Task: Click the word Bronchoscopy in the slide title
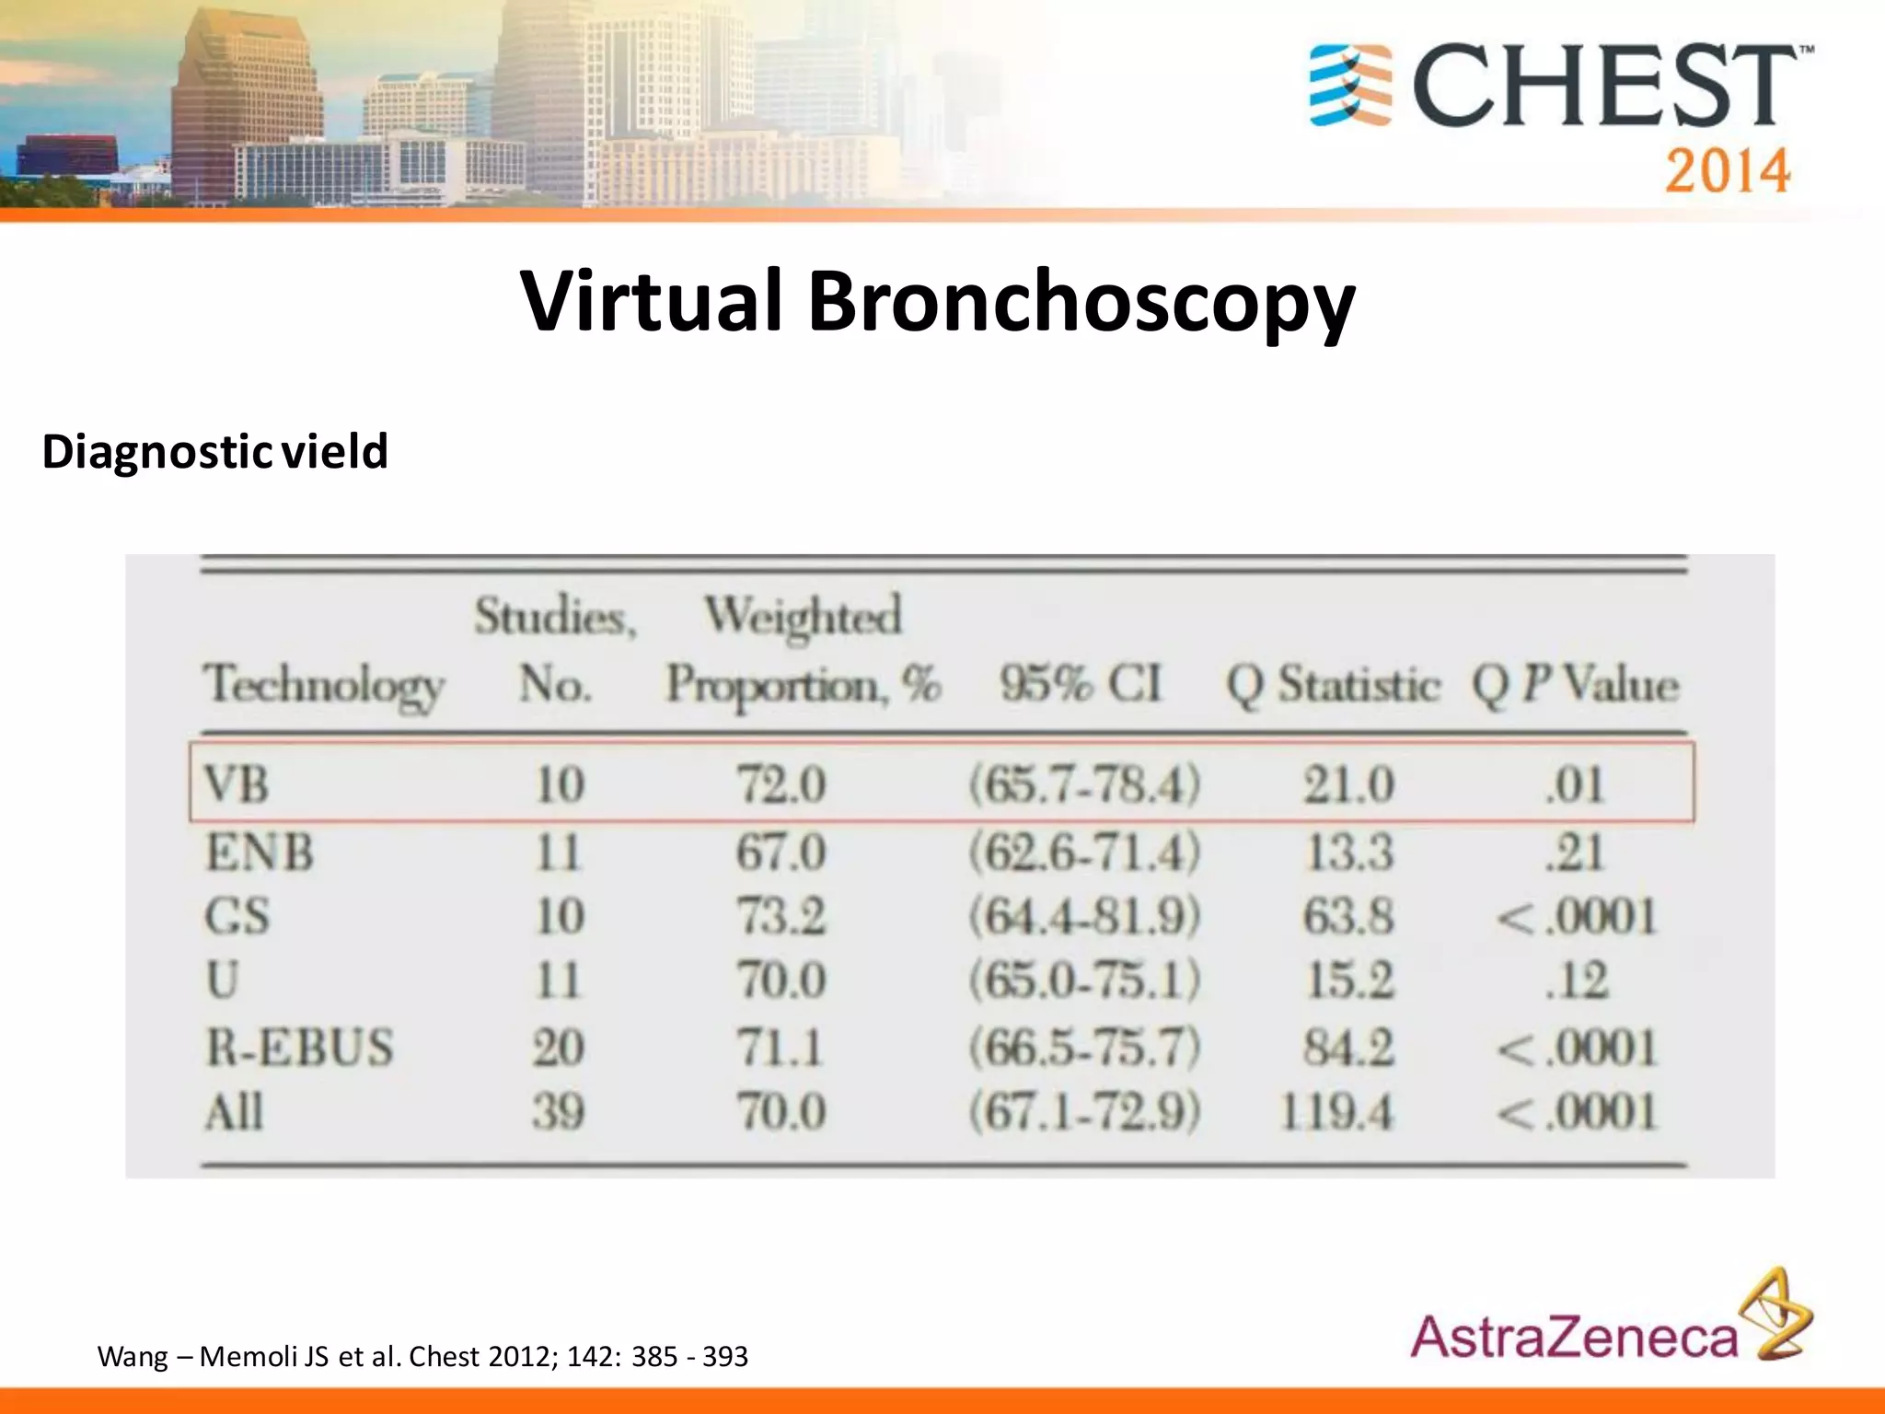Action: coord(1081,302)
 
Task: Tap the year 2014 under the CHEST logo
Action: coord(1727,171)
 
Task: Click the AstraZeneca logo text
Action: coord(1573,1338)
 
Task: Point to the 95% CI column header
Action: coord(1081,684)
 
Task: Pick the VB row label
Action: coord(237,785)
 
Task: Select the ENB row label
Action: coord(260,852)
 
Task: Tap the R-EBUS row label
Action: coord(299,1048)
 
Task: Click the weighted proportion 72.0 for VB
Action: coord(781,785)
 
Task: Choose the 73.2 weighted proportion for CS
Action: coord(781,917)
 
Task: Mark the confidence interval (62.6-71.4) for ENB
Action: coord(1084,852)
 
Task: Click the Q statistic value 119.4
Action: coord(1336,1112)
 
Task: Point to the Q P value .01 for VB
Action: coord(1575,785)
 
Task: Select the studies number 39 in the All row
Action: coord(558,1112)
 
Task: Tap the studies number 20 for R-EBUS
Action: coord(558,1048)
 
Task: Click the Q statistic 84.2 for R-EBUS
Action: coord(1348,1048)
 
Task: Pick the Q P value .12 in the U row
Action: coord(1577,980)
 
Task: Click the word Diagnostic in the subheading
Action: coord(156,452)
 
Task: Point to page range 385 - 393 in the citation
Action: coord(689,1356)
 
